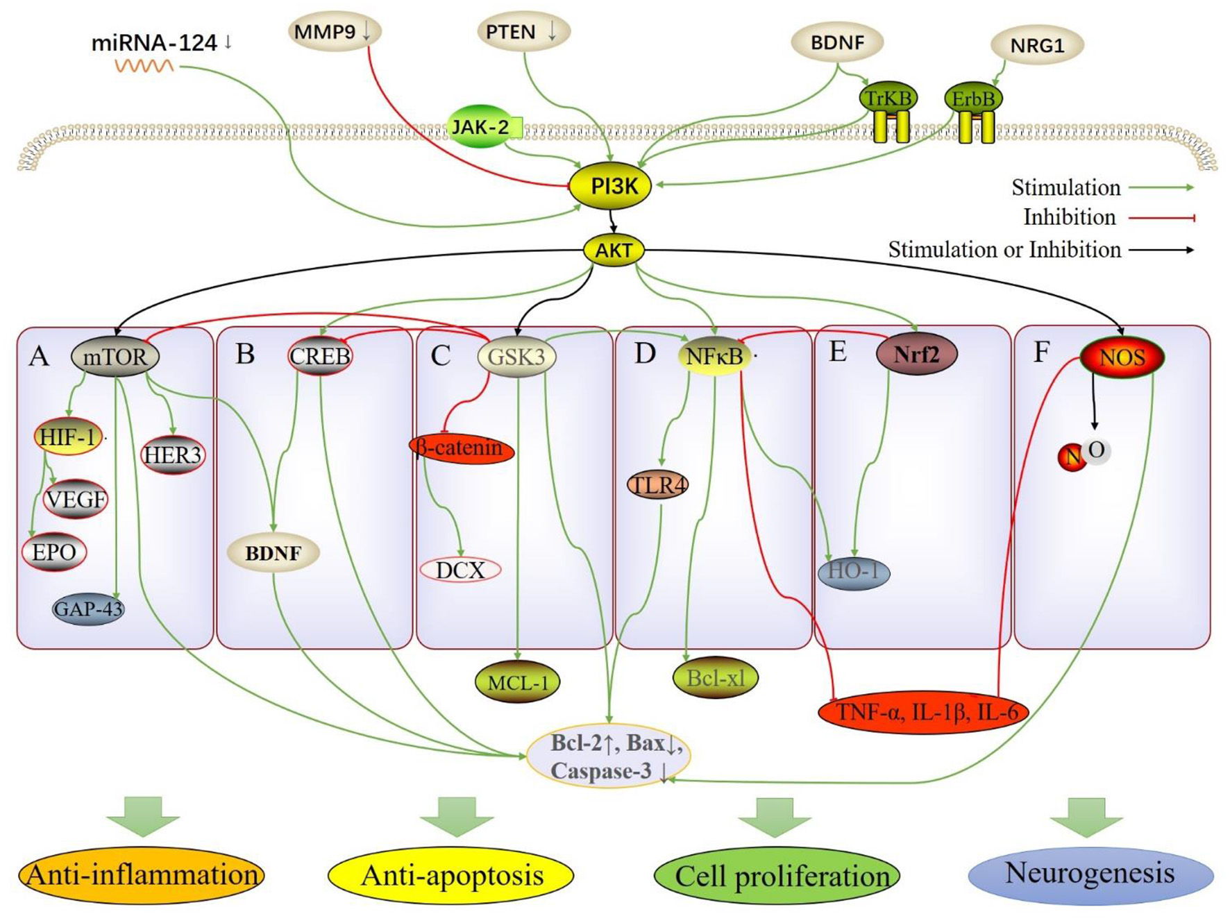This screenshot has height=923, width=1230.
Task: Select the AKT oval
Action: (614, 250)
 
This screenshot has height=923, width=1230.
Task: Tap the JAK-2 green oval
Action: (480, 127)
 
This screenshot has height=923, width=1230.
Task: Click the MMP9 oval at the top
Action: (335, 32)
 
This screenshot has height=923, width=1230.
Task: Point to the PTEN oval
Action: (523, 32)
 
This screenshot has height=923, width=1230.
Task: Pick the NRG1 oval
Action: (1036, 46)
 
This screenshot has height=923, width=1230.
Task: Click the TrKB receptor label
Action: (888, 98)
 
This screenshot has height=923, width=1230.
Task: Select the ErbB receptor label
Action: (972, 99)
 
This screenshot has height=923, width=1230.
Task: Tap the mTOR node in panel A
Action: (115, 357)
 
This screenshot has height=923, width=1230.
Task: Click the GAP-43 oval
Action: (88, 609)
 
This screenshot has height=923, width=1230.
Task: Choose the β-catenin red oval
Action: (462, 448)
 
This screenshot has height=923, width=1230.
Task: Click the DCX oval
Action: (460, 570)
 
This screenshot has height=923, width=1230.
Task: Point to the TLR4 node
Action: (657, 485)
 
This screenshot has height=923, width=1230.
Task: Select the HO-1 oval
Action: (853, 572)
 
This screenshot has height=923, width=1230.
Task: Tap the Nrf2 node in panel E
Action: (916, 355)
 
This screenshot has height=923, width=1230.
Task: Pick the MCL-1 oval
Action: (518, 682)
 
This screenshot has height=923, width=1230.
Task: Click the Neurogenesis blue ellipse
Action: (1090, 874)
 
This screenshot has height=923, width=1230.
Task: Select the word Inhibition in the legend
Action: (1069, 217)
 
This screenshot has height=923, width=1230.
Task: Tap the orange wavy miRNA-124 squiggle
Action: (144, 66)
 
